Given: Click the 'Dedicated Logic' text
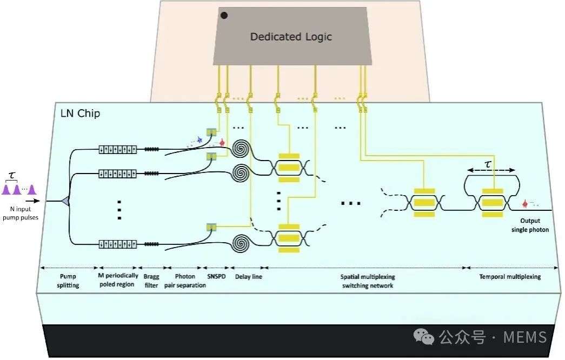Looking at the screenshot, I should click(291, 37).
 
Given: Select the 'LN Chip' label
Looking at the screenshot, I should click(81, 114).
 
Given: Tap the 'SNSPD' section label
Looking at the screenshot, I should click(216, 276).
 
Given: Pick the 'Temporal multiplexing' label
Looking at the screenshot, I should click(510, 276).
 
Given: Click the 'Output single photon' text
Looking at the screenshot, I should click(534, 225).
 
